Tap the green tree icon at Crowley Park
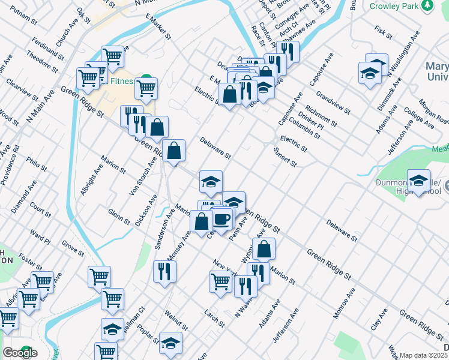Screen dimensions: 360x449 [427, 5]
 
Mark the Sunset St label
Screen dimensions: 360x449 [285, 157]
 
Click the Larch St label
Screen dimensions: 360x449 [214, 319]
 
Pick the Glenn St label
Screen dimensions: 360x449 [119, 216]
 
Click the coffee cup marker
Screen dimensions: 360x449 [221, 220]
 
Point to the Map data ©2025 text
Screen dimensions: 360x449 [424, 355]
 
